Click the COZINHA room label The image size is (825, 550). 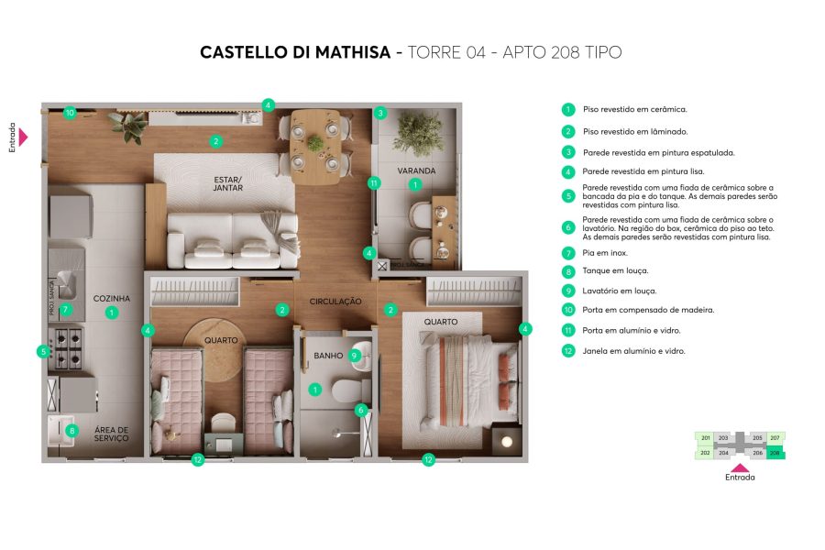(x=111, y=299)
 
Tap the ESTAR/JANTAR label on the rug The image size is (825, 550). (x=227, y=182)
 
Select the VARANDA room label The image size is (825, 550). (x=415, y=170)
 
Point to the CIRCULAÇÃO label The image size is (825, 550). (x=335, y=302)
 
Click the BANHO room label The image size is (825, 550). (x=327, y=356)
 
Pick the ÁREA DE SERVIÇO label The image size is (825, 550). (x=111, y=434)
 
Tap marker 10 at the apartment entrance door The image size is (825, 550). (x=70, y=114)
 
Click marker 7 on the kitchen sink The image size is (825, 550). (x=65, y=310)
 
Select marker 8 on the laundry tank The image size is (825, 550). (x=72, y=431)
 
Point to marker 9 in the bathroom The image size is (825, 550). (x=354, y=356)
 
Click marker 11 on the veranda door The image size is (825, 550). (x=373, y=183)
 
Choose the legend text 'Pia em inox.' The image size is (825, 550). (x=605, y=252)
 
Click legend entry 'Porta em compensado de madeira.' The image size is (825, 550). (x=647, y=310)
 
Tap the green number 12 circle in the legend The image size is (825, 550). (x=568, y=351)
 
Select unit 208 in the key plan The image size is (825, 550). (x=775, y=452)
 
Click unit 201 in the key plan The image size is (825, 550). (x=705, y=438)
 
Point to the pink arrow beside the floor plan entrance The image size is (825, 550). (x=23, y=137)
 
